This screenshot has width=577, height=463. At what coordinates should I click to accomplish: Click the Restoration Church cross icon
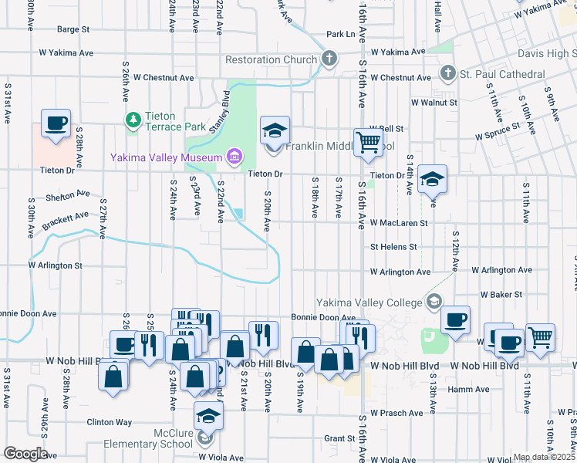point(329,59)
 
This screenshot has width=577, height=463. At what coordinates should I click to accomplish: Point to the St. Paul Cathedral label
point(504,74)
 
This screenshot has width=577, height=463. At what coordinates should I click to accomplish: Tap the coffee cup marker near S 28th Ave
point(56,123)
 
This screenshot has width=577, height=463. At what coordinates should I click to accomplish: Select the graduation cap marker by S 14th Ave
point(432,179)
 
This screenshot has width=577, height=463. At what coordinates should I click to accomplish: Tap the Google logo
point(25,454)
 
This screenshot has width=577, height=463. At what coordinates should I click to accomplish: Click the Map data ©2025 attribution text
point(544,457)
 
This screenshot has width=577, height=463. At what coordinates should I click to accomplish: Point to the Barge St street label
point(73,29)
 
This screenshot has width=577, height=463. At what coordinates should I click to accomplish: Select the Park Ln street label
point(340,34)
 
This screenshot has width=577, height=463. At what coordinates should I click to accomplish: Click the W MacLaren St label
point(399,223)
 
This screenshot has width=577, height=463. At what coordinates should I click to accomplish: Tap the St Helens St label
point(393,247)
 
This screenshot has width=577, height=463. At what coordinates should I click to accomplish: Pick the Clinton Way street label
point(109,422)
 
